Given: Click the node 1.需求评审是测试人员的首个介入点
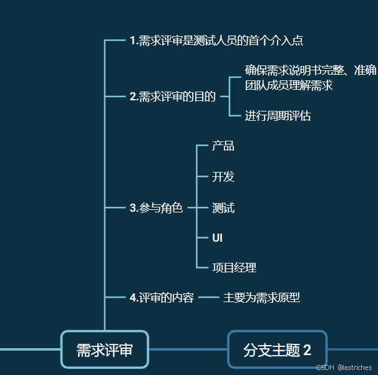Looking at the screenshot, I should coord(216,41).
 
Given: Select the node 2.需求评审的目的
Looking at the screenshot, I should coord(173,97).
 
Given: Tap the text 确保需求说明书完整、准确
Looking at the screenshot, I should coord(311,70).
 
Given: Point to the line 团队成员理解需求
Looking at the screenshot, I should coord(289,85).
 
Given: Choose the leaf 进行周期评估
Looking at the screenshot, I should coord(278,116).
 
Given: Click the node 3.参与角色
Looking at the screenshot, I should coord(156,208).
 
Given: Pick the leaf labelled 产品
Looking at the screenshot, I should coord(223,146).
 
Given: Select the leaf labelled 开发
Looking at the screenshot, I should coord(223,177).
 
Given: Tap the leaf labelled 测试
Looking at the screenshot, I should coord(223,207).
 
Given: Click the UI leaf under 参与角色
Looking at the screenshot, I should coord(218,238).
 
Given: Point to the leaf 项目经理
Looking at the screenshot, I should coord(234,268).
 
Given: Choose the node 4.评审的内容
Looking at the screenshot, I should coord(162,298).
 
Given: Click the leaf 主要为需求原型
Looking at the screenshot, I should coord(261,298).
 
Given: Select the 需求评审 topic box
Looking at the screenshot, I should coord(105,349).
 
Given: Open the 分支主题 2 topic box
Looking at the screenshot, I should coord(278,349).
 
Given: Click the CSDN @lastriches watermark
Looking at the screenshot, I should coord(344,368).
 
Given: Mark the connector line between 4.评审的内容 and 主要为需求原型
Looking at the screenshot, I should coord(208,298).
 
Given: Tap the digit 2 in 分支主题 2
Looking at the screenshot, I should coord(307,350).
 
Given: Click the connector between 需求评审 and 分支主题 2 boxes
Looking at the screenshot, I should coord(188,349).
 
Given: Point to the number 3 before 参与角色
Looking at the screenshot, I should coord(133,208).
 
